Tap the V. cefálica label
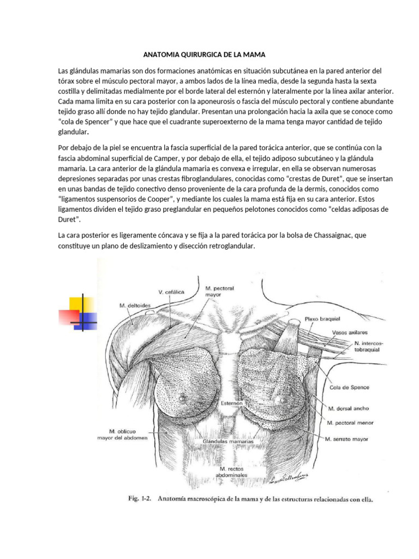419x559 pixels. tap(171, 292)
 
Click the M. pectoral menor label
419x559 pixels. tap(352, 422)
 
